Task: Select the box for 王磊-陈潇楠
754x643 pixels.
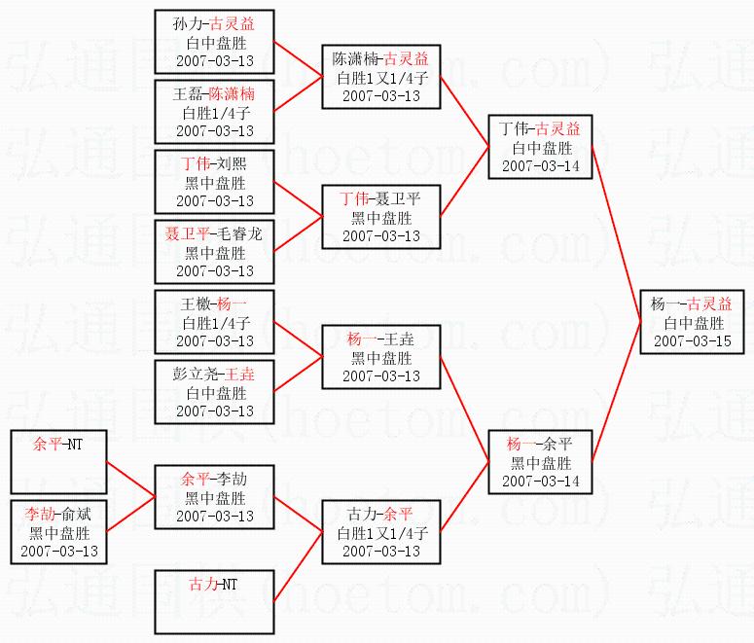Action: [214, 112]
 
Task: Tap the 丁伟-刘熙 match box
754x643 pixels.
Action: [214, 182]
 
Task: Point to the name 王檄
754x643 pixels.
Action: [196, 304]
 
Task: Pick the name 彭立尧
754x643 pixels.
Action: [197, 375]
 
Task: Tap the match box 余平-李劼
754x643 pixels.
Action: [214, 497]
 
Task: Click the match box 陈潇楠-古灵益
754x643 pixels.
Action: [380, 77]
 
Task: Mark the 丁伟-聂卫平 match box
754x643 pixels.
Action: [380, 217]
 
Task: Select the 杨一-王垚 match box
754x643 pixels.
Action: [380, 357]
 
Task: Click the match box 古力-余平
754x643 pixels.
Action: [380, 531]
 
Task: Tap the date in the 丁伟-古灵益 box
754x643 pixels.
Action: [540, 165]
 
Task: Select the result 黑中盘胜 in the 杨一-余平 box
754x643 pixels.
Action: [540, 463]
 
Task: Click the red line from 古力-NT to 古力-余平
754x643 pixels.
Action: [297, 569]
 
